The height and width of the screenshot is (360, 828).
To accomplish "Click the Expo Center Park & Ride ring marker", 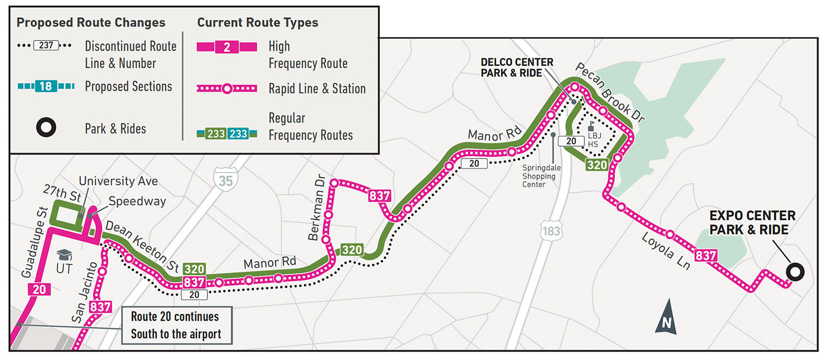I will tap(795, 272).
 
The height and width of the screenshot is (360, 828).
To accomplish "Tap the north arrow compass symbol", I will tap(666, 317).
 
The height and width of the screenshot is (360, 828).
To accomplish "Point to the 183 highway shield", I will tap(551, 230).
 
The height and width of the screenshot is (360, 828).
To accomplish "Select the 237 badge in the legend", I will tap(46, 45).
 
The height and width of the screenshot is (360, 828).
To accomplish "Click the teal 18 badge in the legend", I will tap(46, 87).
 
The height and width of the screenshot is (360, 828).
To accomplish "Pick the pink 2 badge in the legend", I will tap(226, 47).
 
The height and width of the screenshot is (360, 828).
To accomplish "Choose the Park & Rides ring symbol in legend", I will tap(46, 129).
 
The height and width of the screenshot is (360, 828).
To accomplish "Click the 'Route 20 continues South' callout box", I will tap(175, 325).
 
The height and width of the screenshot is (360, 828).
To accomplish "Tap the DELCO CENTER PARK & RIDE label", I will tap(517, 67).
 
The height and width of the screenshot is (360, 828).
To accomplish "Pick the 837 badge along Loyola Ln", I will tap(706, 256).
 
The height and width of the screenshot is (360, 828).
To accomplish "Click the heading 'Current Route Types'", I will tap(258, 23).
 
